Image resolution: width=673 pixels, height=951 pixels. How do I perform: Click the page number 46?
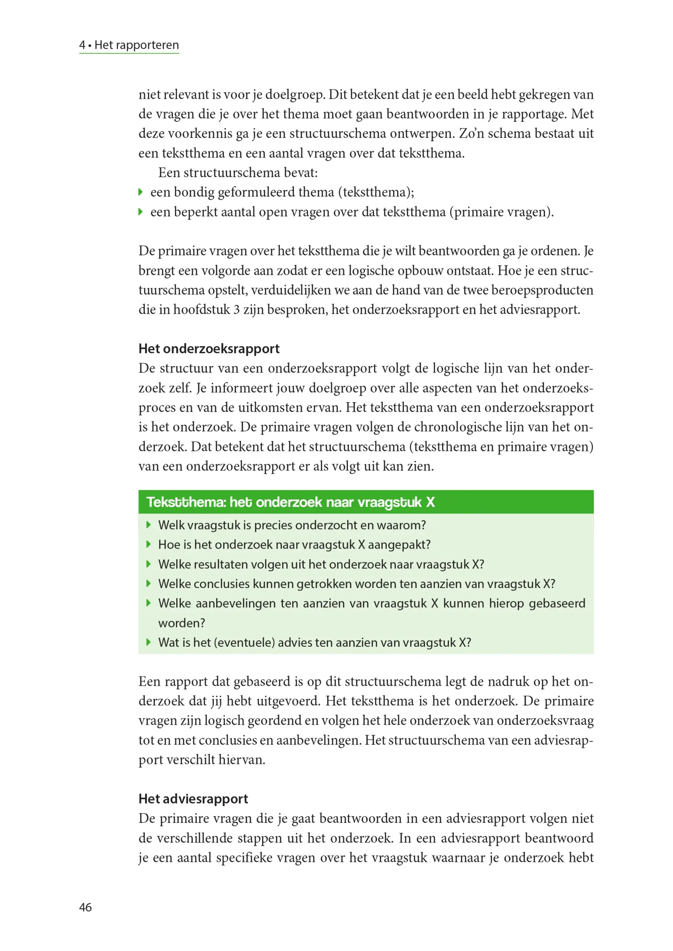(85, 907)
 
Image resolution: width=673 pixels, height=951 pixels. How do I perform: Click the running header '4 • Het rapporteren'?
(129, 45)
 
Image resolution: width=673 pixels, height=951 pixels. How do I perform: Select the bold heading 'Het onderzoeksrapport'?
(209, 348)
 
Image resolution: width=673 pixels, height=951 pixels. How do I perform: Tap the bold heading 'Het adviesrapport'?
(193, 798)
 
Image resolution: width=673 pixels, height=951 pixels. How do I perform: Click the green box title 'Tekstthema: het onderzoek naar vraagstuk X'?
(291, 502)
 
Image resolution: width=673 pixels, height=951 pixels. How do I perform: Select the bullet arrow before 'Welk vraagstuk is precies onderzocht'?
(149, 525)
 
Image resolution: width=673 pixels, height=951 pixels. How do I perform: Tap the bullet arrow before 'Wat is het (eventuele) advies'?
(149, 642)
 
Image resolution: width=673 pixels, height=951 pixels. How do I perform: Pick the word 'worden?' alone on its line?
(182, 623)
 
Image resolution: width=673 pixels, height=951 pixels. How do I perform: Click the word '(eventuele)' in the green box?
(245, 642)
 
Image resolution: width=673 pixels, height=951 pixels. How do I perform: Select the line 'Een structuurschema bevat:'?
(238, 172)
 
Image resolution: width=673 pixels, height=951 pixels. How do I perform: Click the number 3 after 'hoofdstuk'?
(236, 309)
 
